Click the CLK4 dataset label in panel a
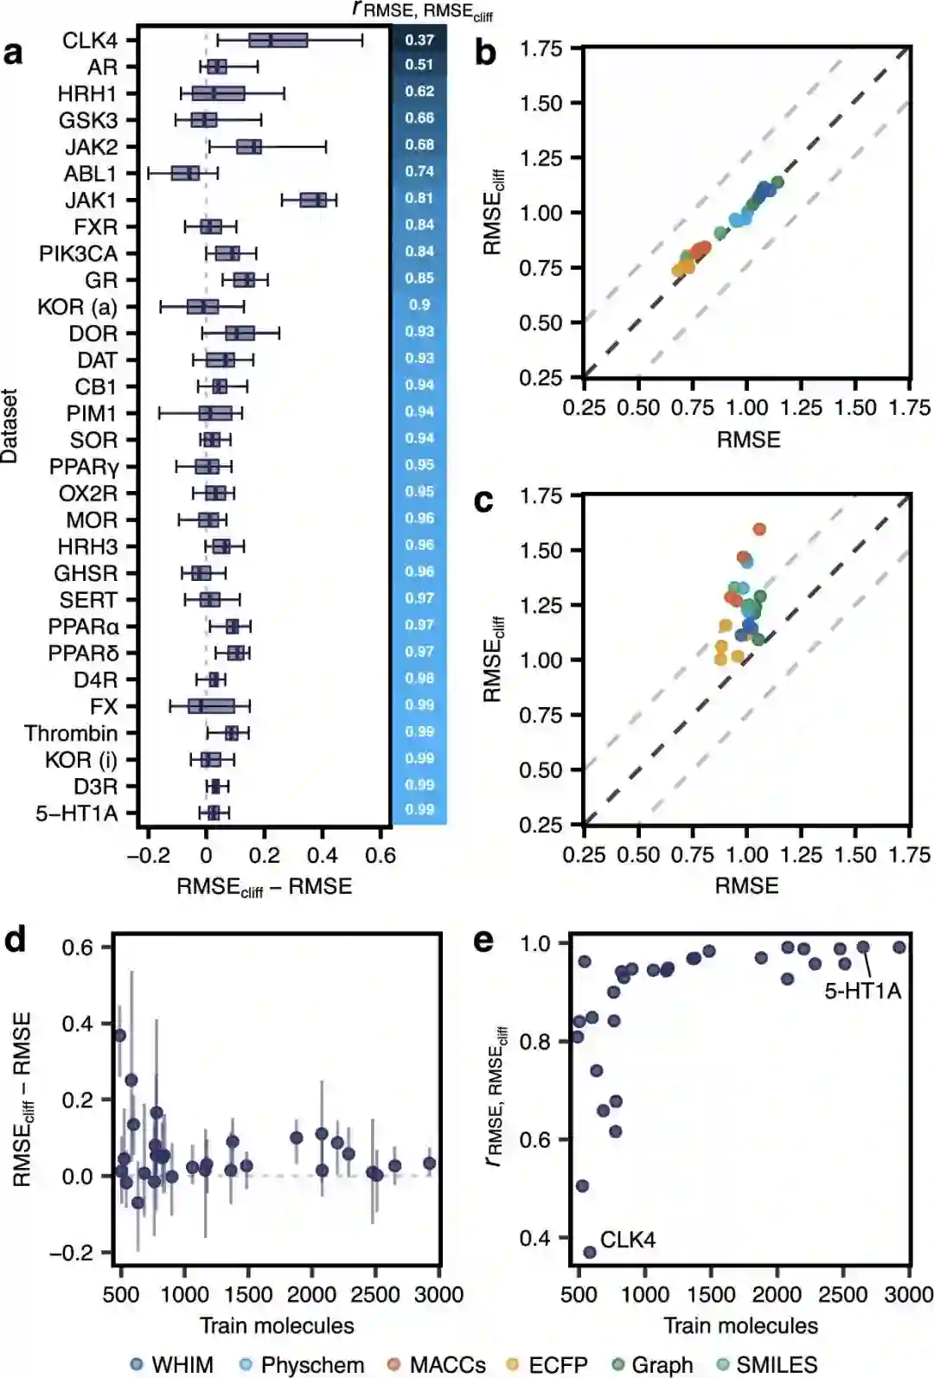tap(89, 41)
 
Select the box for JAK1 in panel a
tap(313, 201)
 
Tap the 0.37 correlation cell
tap(419, 40)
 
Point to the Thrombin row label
tap(71, 733)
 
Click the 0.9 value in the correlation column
tap(419, 304)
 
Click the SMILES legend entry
tap(766, 1364)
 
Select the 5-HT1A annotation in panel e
tap(862, 991)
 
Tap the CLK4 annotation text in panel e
tap(628, 1240)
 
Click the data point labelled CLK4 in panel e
tap(590, 1252)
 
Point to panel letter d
tap(15, 940)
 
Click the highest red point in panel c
tap(759, 529)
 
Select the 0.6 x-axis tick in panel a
tap(381, 855)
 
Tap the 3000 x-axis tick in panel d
tap(439, 1294)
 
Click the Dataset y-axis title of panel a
tap(10, 425)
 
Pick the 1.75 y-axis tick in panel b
tap(541, 48)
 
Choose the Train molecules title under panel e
tap(740, 1325)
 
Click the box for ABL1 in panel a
tap(185, 174)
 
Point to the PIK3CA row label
tap(78, 253)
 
